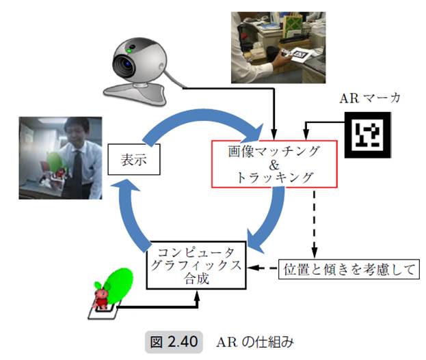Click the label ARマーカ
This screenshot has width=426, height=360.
[370, 97]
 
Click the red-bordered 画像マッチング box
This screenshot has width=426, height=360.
[274, 164]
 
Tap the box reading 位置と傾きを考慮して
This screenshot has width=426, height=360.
[349, 269]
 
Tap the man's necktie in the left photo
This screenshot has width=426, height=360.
[77, 164]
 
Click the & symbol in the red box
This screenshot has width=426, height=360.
[273, 164]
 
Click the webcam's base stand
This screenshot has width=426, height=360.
[133, 87]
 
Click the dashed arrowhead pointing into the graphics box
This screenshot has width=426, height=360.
[252, 268]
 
